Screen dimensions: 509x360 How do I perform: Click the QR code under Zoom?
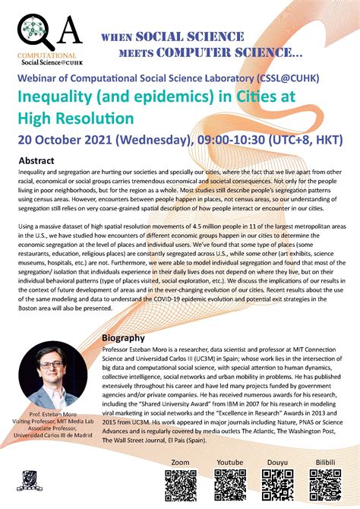coord(181,485)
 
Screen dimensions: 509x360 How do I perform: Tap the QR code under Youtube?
coord(229,485)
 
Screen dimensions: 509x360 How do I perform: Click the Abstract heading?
coord(36,162)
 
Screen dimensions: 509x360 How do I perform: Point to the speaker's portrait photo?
coord(53,375)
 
